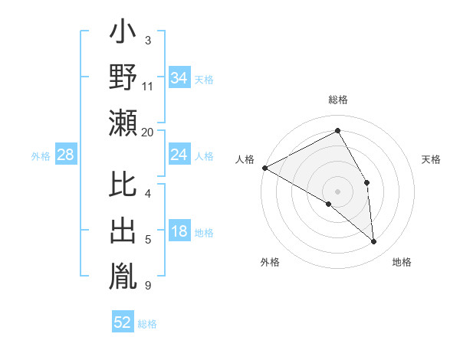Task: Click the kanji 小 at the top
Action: point(123,34)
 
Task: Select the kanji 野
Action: point(123,77)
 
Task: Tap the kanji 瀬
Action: point(123,123)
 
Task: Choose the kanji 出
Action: point(123,231)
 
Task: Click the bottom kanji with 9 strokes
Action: point(123,275)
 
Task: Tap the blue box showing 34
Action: point(179,78)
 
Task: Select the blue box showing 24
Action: point(179,155)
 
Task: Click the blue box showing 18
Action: point(179,232)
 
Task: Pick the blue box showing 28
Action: point(65,155)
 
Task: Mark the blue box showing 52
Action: point(123,322)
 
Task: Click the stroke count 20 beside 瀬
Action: point(148,132)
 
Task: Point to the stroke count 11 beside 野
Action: point(148,87)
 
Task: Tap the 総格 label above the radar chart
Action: point(337,100)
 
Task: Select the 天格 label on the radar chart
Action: point(432,159)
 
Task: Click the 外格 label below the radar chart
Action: point(270,262)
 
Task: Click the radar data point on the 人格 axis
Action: point(264,167)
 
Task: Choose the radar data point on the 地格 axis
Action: point(374,242)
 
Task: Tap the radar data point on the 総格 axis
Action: point(337,131)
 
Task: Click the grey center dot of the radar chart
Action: point(337,191)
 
